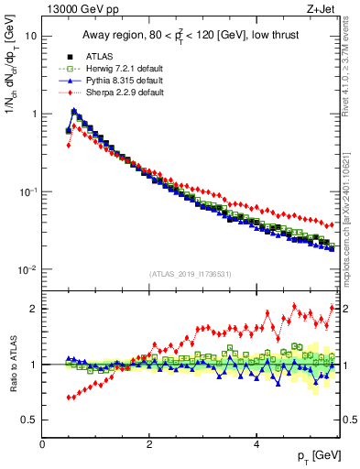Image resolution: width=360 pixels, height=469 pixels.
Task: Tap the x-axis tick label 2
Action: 149,445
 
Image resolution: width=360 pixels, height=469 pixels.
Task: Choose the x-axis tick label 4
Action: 256,445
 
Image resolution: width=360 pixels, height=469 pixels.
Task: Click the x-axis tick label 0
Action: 42,445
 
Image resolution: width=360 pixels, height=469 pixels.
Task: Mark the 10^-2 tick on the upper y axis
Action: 27,269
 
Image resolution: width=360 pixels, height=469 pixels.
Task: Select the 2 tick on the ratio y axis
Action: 34,309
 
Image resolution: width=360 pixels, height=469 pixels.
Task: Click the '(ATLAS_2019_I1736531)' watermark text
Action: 190,275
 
